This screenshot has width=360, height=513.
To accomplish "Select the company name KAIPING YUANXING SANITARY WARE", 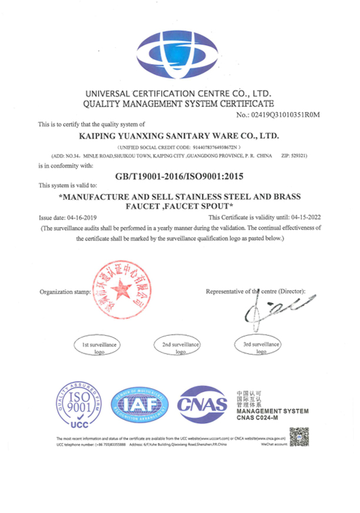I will click(x=179, y=135).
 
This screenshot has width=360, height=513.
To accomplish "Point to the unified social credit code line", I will click(x=179, y=146).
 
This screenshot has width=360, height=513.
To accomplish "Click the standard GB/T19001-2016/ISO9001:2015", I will click(x=181, y=175).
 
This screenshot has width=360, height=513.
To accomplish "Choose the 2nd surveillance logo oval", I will click(x=180, y=347).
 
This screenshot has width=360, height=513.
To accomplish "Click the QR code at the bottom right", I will click(x=299, y=437).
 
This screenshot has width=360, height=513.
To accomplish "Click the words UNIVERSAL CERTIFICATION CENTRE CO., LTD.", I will click(x=179, y=94).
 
